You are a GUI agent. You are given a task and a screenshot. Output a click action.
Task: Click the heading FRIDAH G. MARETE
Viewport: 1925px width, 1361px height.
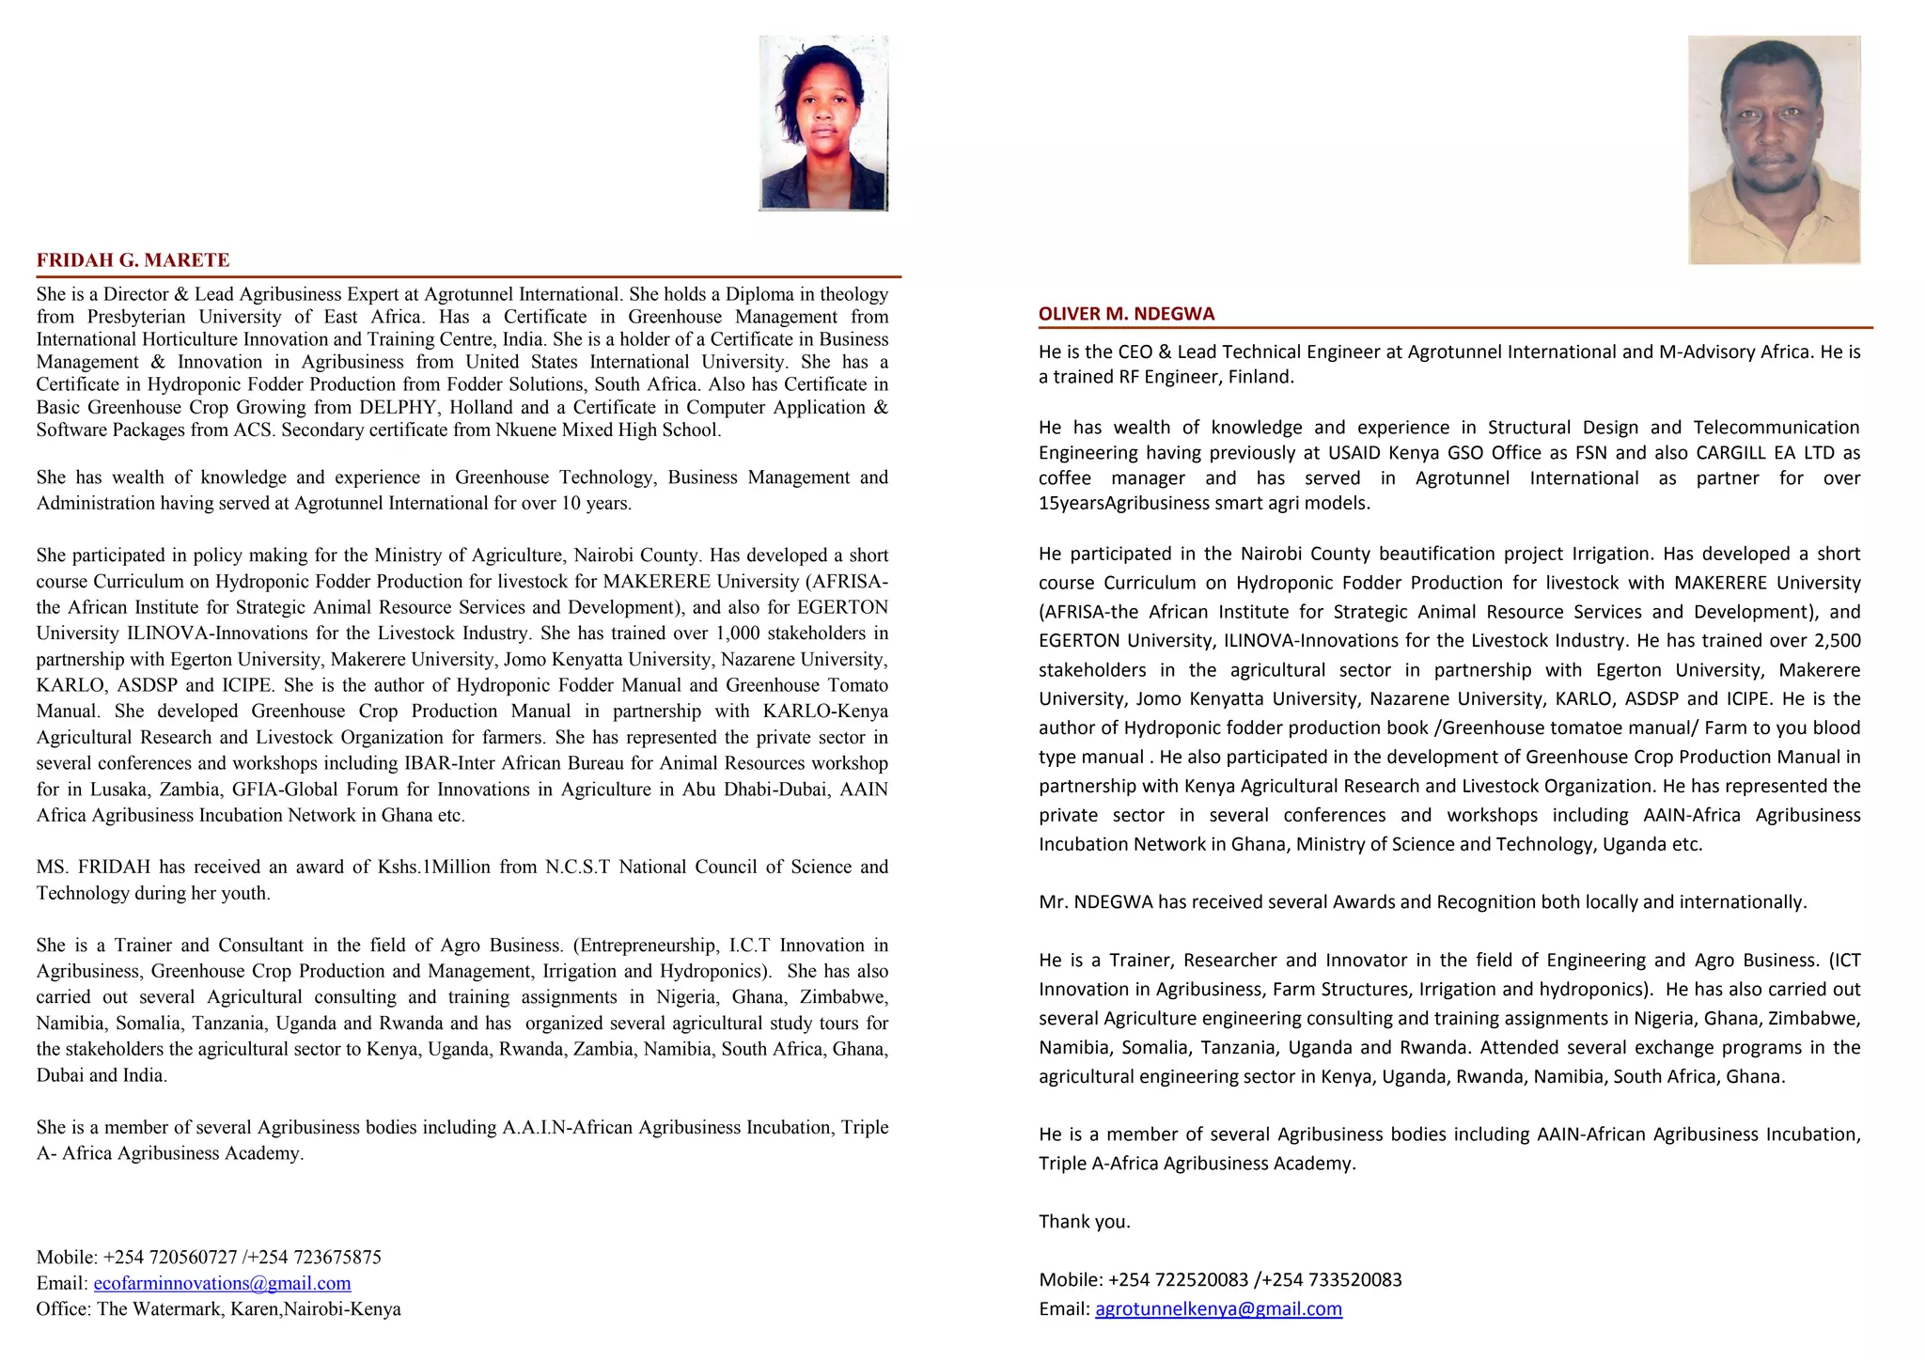pos(133,260)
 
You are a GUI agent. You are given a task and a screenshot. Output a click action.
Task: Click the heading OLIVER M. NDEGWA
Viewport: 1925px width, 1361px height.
pos(1126,314)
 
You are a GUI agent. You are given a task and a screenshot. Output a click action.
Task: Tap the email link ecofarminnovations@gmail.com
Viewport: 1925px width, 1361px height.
pos(222,1283)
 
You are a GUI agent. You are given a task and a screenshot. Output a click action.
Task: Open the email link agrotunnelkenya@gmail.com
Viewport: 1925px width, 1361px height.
pos(1218,1308)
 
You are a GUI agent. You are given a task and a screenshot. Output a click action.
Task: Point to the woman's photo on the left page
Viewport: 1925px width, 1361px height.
pos(823,123)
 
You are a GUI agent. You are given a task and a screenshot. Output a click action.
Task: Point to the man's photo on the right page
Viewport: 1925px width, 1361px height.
pos(1774,150)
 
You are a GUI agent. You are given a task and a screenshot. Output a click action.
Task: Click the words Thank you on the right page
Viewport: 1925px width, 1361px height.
pos(1084,1222)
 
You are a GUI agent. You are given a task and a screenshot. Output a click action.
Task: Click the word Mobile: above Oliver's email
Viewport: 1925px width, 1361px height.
pos(1070,1279)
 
